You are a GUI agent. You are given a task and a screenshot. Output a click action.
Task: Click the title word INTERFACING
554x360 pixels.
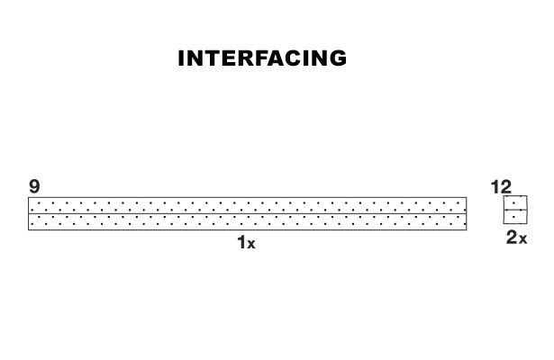coord(262,58)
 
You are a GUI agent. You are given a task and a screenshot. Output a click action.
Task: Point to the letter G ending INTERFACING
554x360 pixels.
coord(339,58)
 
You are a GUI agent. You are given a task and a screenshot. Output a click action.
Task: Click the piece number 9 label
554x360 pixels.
coord(34,186)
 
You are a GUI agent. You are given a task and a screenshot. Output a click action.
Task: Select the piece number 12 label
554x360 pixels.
coord(501,187)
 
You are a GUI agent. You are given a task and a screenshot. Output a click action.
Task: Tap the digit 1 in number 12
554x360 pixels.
coord(495,187)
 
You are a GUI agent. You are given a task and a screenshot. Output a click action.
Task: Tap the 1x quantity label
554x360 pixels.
coord(246,243)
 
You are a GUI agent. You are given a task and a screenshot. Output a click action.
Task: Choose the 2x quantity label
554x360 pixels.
coord(516,238)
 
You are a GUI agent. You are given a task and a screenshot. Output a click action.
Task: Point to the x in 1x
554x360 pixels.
coord(251,245)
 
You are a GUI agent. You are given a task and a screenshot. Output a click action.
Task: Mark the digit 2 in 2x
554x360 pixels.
coord(512,238)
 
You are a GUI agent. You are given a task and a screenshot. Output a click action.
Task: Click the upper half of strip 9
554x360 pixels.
coord(248,205)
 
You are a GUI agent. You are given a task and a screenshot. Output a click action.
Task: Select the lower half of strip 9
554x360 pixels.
coord(248,221)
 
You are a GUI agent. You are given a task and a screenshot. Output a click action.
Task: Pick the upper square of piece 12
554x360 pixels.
coord(515,202)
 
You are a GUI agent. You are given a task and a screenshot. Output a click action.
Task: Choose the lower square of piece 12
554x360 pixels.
coord(515,217)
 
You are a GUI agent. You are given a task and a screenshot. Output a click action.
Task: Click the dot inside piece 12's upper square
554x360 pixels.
coord(513,202)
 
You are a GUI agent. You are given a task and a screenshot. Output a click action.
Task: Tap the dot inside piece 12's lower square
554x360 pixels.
coord(513,217)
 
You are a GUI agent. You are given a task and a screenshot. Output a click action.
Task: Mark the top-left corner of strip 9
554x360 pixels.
coord(28,197)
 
